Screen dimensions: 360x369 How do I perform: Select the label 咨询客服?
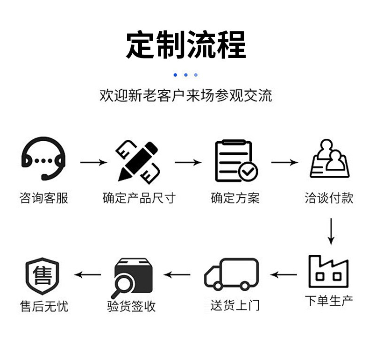44,198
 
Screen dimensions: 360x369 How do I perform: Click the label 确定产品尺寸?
139,198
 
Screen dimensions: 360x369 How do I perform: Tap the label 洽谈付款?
329,198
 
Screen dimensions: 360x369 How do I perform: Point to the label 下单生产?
329,300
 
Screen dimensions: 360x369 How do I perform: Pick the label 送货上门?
235,306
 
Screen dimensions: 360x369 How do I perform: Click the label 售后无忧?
44,306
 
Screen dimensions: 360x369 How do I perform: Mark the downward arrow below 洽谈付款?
331,231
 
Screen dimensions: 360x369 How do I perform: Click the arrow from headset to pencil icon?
93,163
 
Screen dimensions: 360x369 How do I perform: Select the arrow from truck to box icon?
177,275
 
